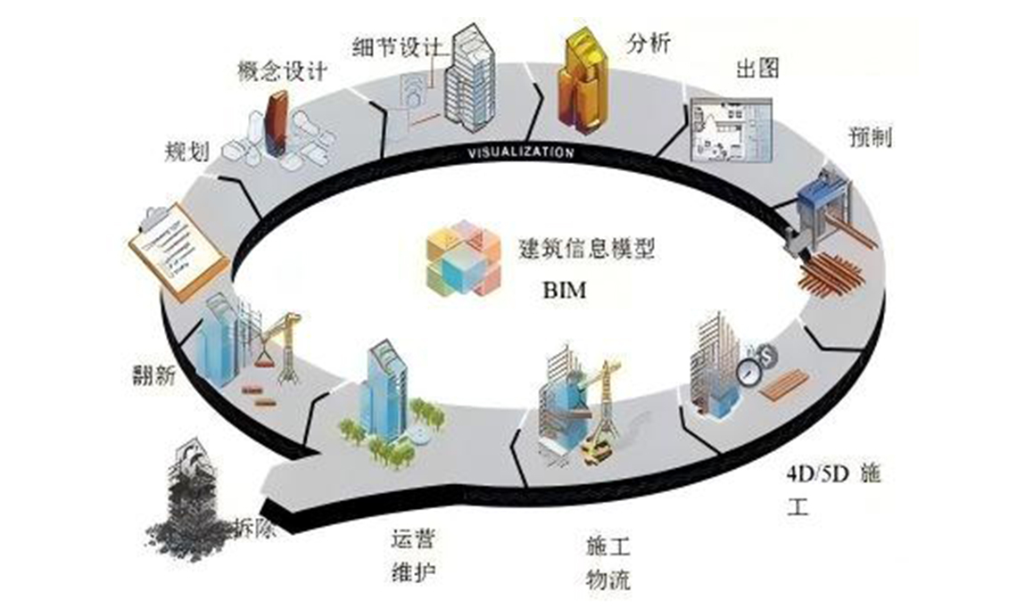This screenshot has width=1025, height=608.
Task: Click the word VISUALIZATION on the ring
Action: pyautogui.click(x=522, y=152)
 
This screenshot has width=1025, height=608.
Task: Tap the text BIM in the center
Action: pyautogui.click(x=566, y=291)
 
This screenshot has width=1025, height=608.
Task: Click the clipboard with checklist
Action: pyautogui.click(x=178, y=251)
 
